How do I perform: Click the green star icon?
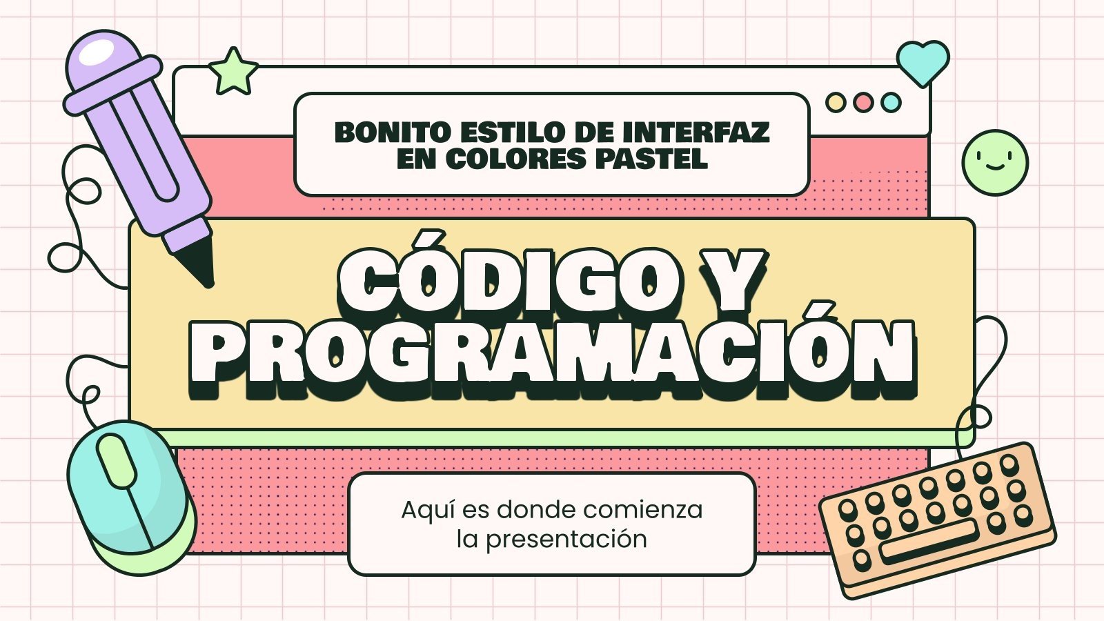[x=233, y=72]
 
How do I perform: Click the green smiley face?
[x=995, y=163]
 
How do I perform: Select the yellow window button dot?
[x=836, y=103]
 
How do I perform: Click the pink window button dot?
[x=863, y=103]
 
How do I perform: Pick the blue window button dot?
[x=891, y=103]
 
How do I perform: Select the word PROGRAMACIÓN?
[x=552, y=354]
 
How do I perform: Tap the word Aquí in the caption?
[x=428, y=511]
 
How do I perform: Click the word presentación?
[x=566, y=539]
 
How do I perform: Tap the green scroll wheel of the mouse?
[x=117, y=460]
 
